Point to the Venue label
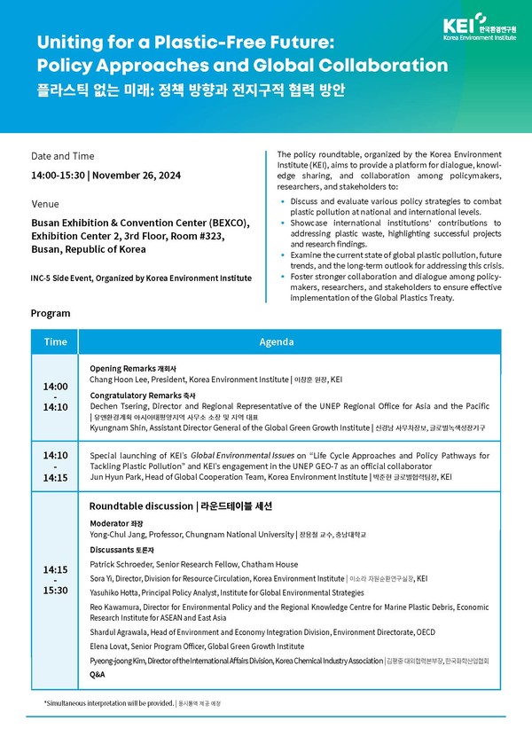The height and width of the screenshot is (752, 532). pyautogui.click(x=45, y=204)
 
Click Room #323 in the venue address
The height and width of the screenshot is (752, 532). pyautogui.click(x=198, y=237)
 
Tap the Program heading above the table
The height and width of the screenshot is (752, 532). pyautogui.click(x=51, y=313)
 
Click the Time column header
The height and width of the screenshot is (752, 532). pyautogui.click(x=55, y=341)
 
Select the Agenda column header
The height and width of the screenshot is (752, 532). pyautogui.click(x=277, y=341)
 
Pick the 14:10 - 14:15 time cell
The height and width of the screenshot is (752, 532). pyautogui.click(x=55, y=466)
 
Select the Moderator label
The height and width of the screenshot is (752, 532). pyautogui.click(x=110, y=523)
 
